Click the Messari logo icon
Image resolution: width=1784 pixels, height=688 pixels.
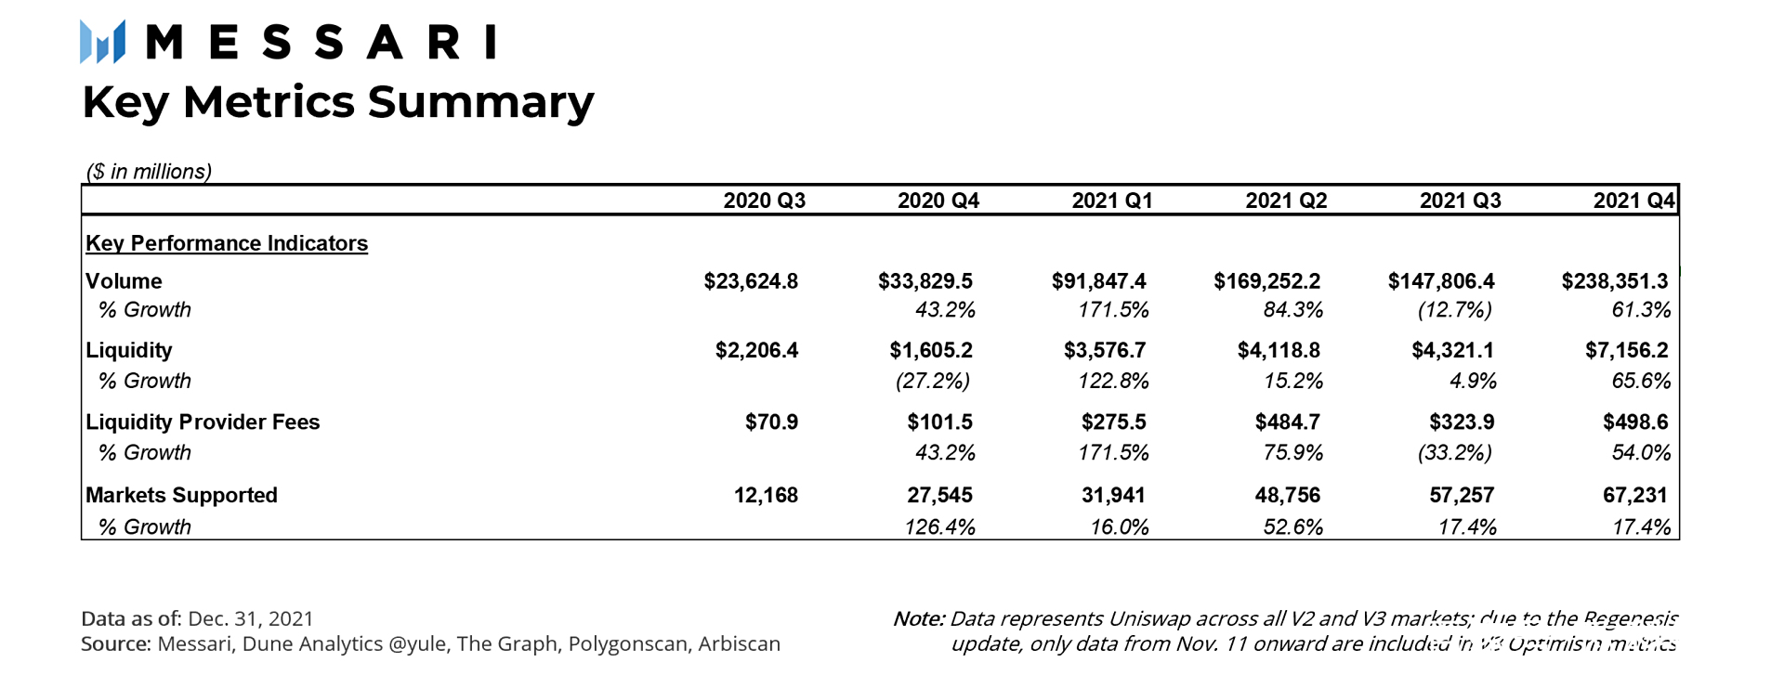tap(102, 43)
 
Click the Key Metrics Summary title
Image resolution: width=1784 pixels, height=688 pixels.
tap(337, 102)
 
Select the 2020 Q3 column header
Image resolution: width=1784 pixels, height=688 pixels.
tap(764, 201)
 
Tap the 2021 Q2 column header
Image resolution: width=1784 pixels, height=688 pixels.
tap(1286, 201)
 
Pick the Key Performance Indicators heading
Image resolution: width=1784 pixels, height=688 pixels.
tap(227, 243)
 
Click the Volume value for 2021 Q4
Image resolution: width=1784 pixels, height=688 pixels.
tap(1614, 281)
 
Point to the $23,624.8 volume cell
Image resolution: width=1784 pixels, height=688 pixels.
tap(751, 281)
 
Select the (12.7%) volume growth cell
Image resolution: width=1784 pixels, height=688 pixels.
tap(1454, 310)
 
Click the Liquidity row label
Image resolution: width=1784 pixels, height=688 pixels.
tap(129, 350)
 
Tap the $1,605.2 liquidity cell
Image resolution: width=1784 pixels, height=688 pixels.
tap(931, 350)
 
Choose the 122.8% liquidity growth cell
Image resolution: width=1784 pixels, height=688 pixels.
tap(1113, 381)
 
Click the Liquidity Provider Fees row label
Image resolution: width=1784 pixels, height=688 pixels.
tap(203, 422)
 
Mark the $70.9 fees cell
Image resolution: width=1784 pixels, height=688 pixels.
tap(771, 422)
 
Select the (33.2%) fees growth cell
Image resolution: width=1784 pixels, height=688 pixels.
tap(1454, 453)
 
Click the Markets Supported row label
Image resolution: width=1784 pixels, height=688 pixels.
tap(181, 495)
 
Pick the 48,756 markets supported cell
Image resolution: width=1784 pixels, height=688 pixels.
tap(1287, 495)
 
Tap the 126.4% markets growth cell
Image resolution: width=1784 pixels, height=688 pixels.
tap(939, 527)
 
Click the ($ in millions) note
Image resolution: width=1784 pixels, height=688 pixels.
tap(149, 172)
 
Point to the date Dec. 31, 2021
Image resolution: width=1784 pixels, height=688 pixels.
tap(251, 619)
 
